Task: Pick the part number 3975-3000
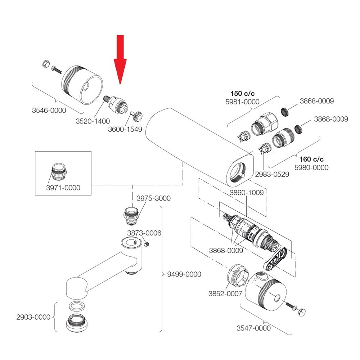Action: (153, 198)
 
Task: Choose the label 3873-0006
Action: (144, 233)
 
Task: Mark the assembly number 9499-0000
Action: (184, 274)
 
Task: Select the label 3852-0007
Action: (225, 293)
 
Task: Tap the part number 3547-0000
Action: (253, 328)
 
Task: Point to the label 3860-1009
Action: (247, 193)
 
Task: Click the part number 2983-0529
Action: (272, 175)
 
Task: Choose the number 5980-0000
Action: (311, 167)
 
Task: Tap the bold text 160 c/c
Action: (311, 159)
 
